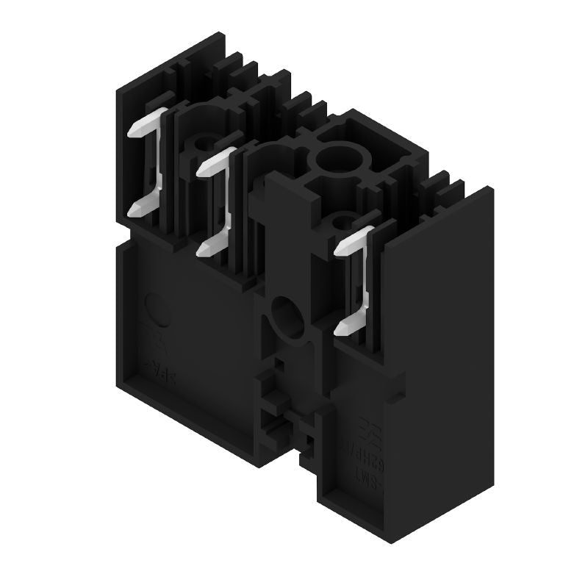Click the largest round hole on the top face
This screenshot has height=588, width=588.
(335, 157)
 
